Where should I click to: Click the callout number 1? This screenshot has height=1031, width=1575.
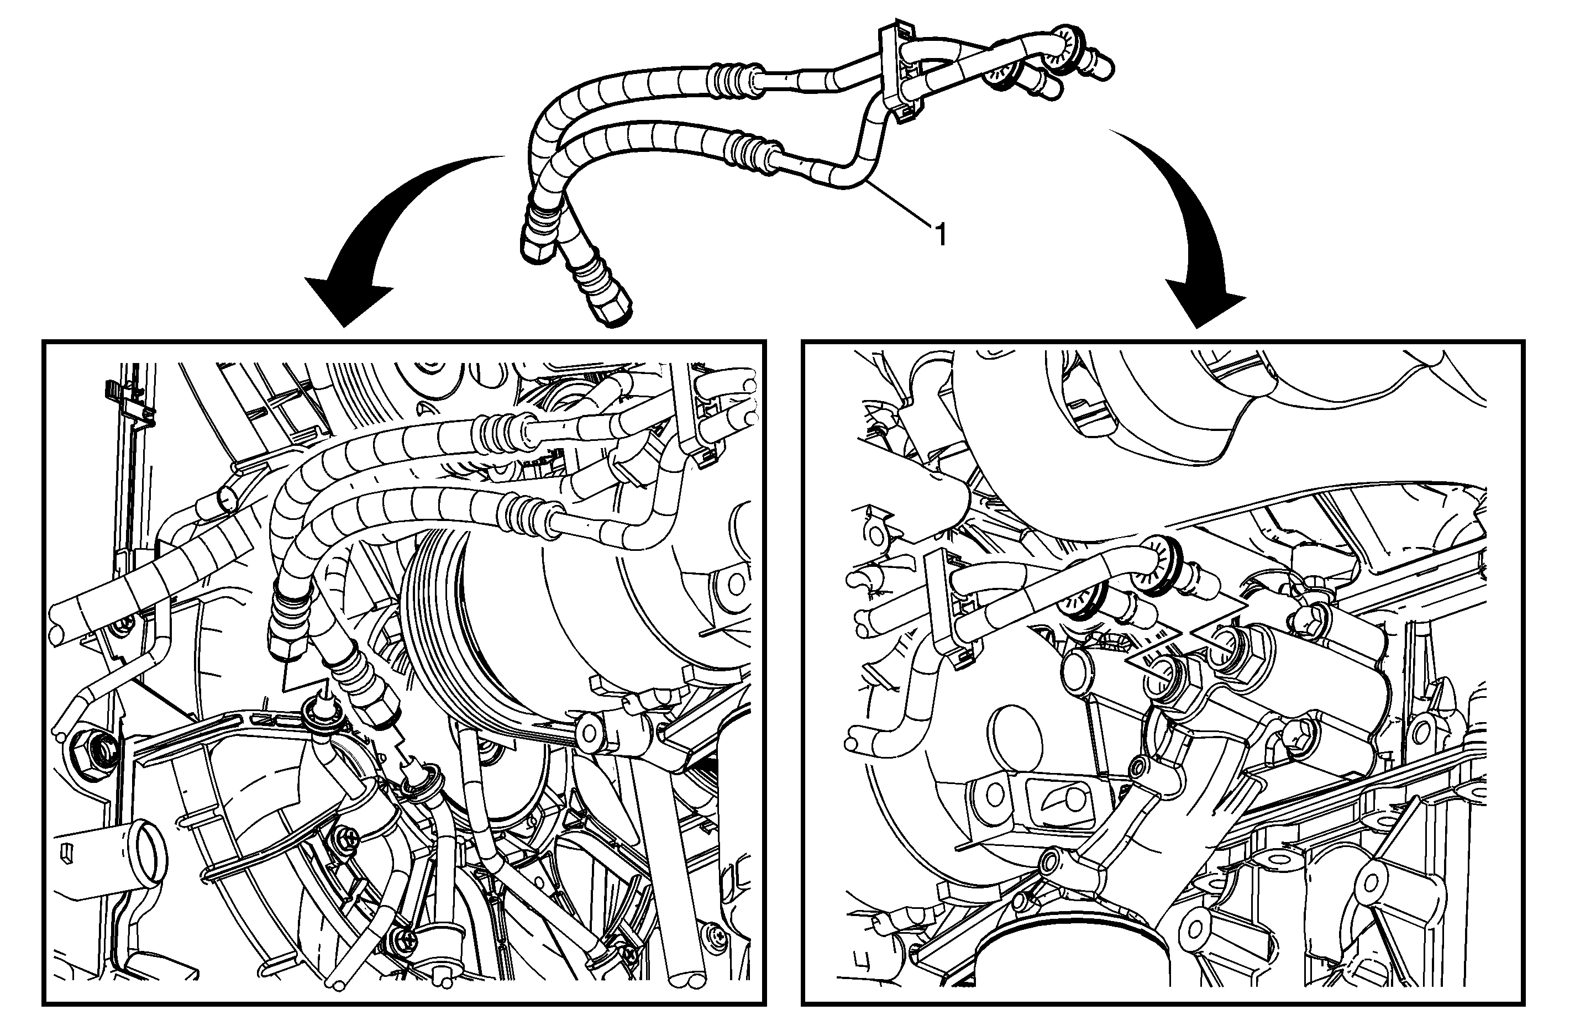pos(939,234)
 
